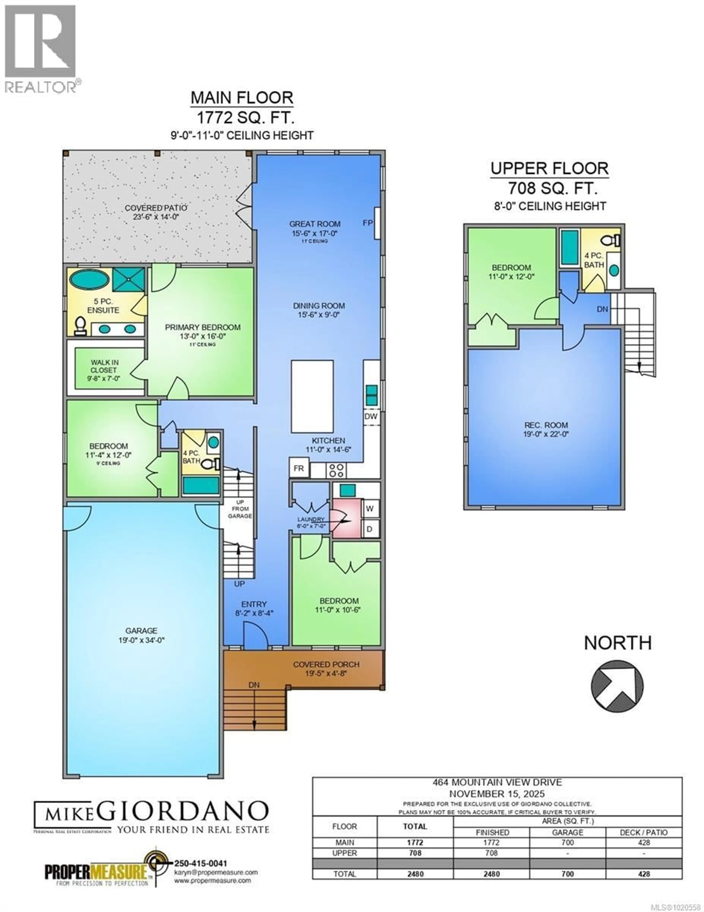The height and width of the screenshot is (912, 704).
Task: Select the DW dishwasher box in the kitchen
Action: (371, 416)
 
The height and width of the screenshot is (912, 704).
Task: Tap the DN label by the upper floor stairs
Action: (602, 309)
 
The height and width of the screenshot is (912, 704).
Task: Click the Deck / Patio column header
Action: (644, 832)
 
